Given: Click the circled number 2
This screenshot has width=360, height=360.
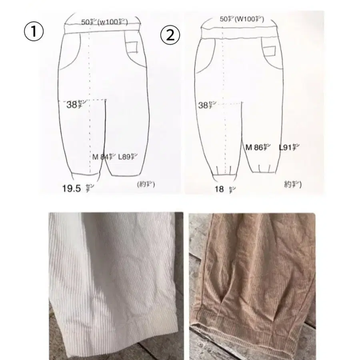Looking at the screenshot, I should click(x=168, y=36).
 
